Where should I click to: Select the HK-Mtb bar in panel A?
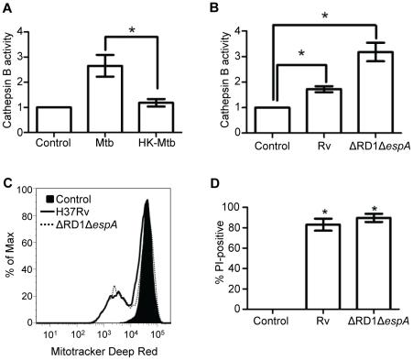(166, 117)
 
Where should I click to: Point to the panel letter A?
(7, 7)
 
